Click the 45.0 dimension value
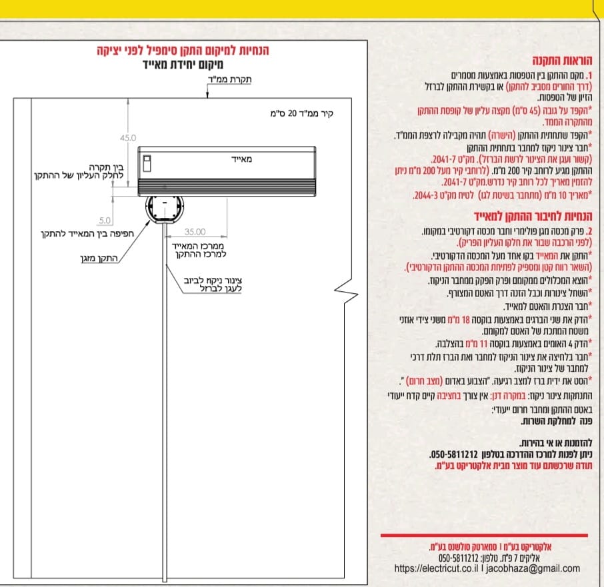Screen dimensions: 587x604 click(128, 138)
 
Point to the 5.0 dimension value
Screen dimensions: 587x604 click(105, 220)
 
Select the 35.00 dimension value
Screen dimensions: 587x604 click(195, 232)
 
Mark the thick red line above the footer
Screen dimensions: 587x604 click(484, 535)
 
